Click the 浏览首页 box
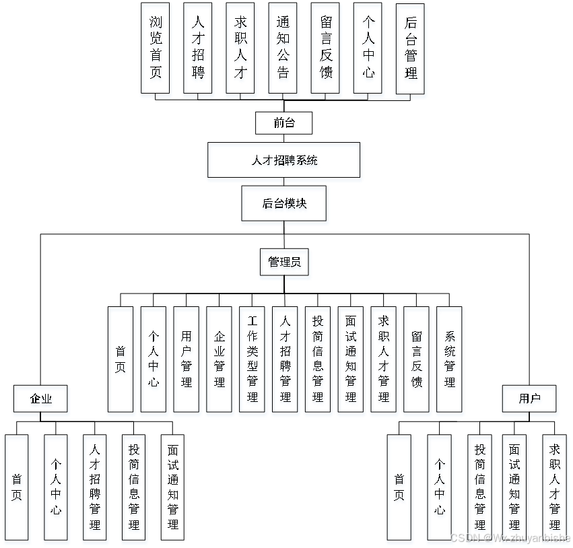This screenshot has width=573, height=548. click(x=156, y=50)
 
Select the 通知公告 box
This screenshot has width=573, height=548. click(x=283, y=50)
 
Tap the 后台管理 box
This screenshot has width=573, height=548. click(x=411, y=50)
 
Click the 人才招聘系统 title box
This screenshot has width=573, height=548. click(x=285, y=162)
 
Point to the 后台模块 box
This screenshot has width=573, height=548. click(x=285, y=205)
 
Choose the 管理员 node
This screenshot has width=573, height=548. click(x=285, y=264)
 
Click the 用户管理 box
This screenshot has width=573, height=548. click(x=187, y=361)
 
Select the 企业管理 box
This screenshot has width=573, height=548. click(x=220, y=361)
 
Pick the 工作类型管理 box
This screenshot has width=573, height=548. click(x=253, y=361)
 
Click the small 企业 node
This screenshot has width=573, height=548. click(x=41, y=401)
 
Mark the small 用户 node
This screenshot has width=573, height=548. click(x=530, y=401)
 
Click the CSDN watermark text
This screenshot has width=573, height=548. click(x=510, y=537)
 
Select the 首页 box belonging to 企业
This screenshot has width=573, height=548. click(x=18, y=489)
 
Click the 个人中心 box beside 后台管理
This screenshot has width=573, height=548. click(x=368, y=50)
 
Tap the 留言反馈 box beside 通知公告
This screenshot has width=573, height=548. click(x=326, y=50)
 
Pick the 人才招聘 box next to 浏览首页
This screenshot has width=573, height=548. click(x=199, y=50)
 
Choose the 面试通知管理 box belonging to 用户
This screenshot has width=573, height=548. click(x=515, y=489)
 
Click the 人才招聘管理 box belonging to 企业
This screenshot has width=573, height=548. click(x=96, y=489)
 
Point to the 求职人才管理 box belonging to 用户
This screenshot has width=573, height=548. click(x=555, y=489)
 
